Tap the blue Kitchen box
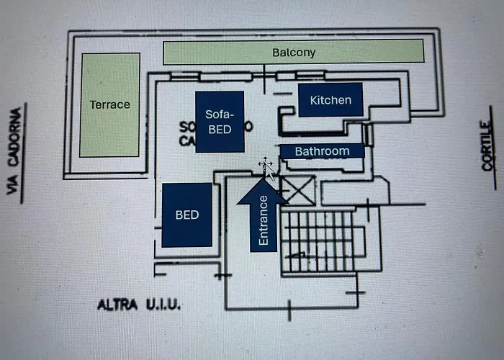point(330,100)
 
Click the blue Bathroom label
point(322,151)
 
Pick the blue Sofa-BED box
point(219,122)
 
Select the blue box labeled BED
point(186,215)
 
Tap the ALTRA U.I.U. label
point(139,305)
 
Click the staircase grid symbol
point(317,240)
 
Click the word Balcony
point(294,53)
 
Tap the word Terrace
point(110,104)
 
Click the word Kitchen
point(330,100)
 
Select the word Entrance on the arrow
point(264,221)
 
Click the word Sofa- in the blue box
point(219,114)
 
